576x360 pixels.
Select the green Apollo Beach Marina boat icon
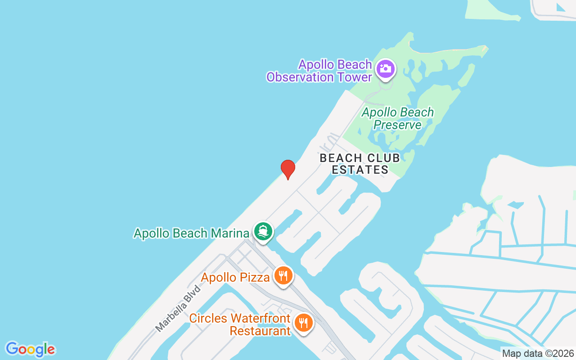[x=263, y=232]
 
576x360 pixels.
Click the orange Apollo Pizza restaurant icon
[x=283, y=275]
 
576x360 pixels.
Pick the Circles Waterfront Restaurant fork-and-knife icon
[x=304, y=323]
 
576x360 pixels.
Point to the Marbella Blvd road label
[x=178, y=308]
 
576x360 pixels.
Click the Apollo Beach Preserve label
[x=398, y=118]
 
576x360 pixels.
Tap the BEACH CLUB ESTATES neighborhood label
[x=360, y=164]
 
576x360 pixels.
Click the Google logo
[x=30, y=349]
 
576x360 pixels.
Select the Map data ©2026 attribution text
[x=538, y=354]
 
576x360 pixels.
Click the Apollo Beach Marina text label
[x=191, y=233]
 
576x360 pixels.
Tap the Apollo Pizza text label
[x=235, y=277]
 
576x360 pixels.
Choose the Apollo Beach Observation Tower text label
[x=319, y=71]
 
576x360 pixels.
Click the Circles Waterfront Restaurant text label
[x=240, y=324]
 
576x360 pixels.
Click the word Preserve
[x=398, y=125]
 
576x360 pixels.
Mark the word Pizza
[x=255, y=277]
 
